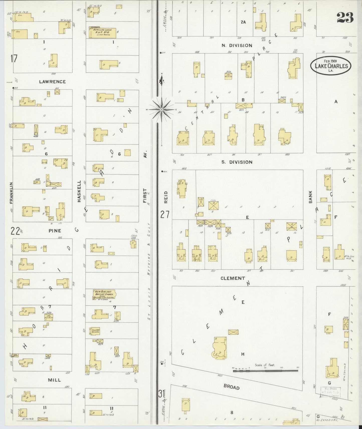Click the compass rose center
[x=162, y=110]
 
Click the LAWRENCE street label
[x=52, y=82]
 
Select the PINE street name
[x=55, y=231]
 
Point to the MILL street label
[x=54, y=380]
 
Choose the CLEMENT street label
[x=233, y=278]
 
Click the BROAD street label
[x=231, y=387]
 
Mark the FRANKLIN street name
[x=11, y=196]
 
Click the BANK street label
[x=310, y=197]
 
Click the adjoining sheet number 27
[x=165, y=214]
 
